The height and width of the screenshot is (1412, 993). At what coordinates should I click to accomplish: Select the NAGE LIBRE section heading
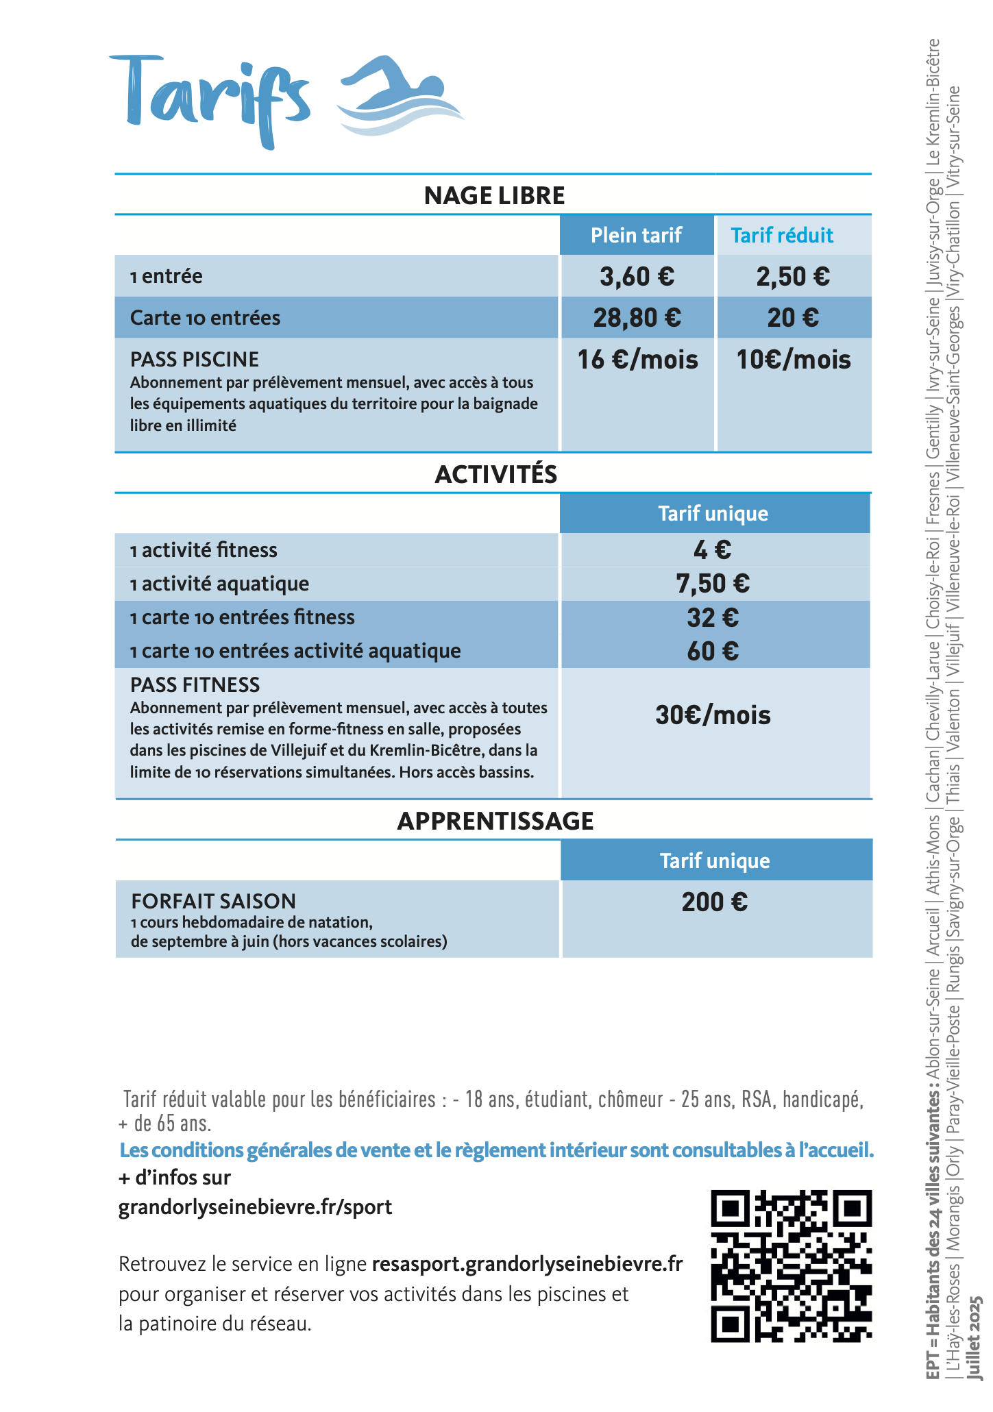pyautogui.click(x=494, y=196)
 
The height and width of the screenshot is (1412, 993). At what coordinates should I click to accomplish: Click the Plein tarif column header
pyautogui.click(x=636, y=236)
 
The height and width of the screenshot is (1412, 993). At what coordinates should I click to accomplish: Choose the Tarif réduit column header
pyautogui.click(x=782, y=236)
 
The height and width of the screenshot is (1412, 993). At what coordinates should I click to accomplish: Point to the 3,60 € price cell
pyautogui.click(x=637, y=277)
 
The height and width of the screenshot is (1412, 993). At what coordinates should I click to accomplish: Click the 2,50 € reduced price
pyautogui.click(x=793, y=277)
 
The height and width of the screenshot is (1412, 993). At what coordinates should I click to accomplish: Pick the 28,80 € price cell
pyautogui.click(x=637, y=318)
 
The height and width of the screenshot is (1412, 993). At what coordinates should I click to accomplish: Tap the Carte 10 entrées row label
pyautogui.click(x=206, y=318)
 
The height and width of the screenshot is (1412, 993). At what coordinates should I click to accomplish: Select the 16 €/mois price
pyautogui.click(x=637, y=360)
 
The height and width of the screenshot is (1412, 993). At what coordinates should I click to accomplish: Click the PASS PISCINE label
pyautogui.click(x=195, y=359)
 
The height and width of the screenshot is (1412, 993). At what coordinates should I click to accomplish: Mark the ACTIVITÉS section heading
pyautogui.click(x=496, y=475)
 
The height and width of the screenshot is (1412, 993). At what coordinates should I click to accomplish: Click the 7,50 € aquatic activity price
pyautogui.click(x=713, y=584)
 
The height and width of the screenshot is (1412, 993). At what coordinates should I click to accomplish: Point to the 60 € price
pyautogui.click(x=713, y=651)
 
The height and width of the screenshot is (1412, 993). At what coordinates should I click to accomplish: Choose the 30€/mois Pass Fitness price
pyautogui.click(x=713, y=715)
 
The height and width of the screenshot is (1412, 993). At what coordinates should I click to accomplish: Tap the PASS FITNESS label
pyautogui.click(x=195, y=684)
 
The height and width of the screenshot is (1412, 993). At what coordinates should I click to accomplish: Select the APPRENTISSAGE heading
pyautogui.click(x=495, y=821)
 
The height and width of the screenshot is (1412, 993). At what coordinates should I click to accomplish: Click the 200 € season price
pyautogui.click(x=714, y=902)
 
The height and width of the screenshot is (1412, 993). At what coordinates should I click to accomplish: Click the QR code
pyautogui.click(x=791, y=1266)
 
